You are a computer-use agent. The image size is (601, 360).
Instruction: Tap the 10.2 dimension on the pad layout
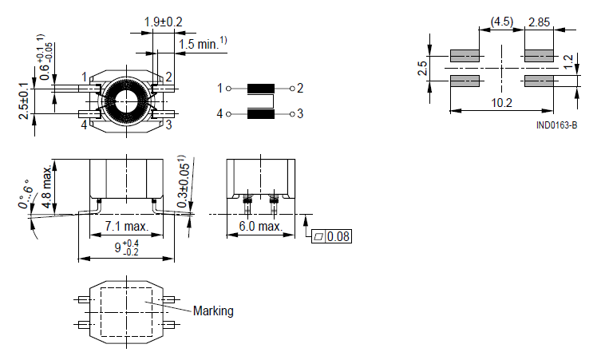coord(502,102)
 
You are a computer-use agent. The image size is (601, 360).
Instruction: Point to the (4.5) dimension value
coord(501,22)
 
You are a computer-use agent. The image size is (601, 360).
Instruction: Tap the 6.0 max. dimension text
coord(260,227)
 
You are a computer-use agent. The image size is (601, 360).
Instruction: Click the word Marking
coord(213,311)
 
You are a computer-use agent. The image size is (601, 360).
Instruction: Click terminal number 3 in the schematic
coord(301,114)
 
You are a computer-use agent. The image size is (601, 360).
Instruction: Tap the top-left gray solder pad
coord(465,56)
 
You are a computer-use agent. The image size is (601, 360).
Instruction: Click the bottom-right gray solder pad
coord(539,81)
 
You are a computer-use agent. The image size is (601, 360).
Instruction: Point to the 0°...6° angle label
coord(27,195)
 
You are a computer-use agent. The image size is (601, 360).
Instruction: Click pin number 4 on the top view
coord(84,125)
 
